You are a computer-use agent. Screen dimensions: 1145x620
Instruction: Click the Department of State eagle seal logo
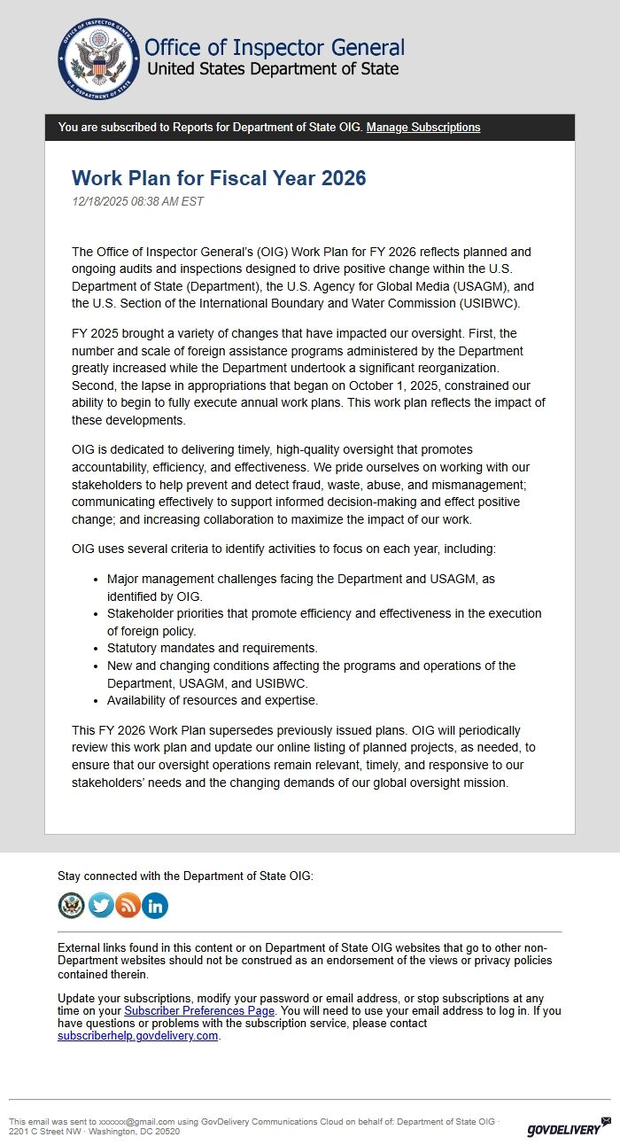coord(97,58)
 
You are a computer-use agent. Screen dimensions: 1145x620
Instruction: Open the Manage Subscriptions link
coord(423,128)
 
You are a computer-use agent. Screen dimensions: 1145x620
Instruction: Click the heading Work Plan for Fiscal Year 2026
coord(219,178)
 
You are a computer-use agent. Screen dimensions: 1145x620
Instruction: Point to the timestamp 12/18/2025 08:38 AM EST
coord(137,201)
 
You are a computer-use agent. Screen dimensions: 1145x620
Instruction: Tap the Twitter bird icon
coord(101,905)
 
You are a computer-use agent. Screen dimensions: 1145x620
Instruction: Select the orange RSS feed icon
coord(128,905)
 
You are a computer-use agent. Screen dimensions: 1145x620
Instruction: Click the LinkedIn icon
coord(155,905)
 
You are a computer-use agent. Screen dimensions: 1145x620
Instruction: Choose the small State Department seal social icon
coord(72,905)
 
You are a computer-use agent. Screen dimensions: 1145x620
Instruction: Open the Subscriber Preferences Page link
coord(199,1010)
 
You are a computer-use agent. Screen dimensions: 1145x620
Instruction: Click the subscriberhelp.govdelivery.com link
coord(137,1035)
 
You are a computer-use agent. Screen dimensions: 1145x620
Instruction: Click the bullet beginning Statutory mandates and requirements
coord(213,648)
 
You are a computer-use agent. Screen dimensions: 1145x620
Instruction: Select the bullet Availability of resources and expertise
coord(213,700)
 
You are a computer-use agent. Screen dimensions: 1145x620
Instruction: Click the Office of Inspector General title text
coord(274,47)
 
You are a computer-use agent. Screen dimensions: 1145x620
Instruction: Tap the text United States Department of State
coord(273,69)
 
